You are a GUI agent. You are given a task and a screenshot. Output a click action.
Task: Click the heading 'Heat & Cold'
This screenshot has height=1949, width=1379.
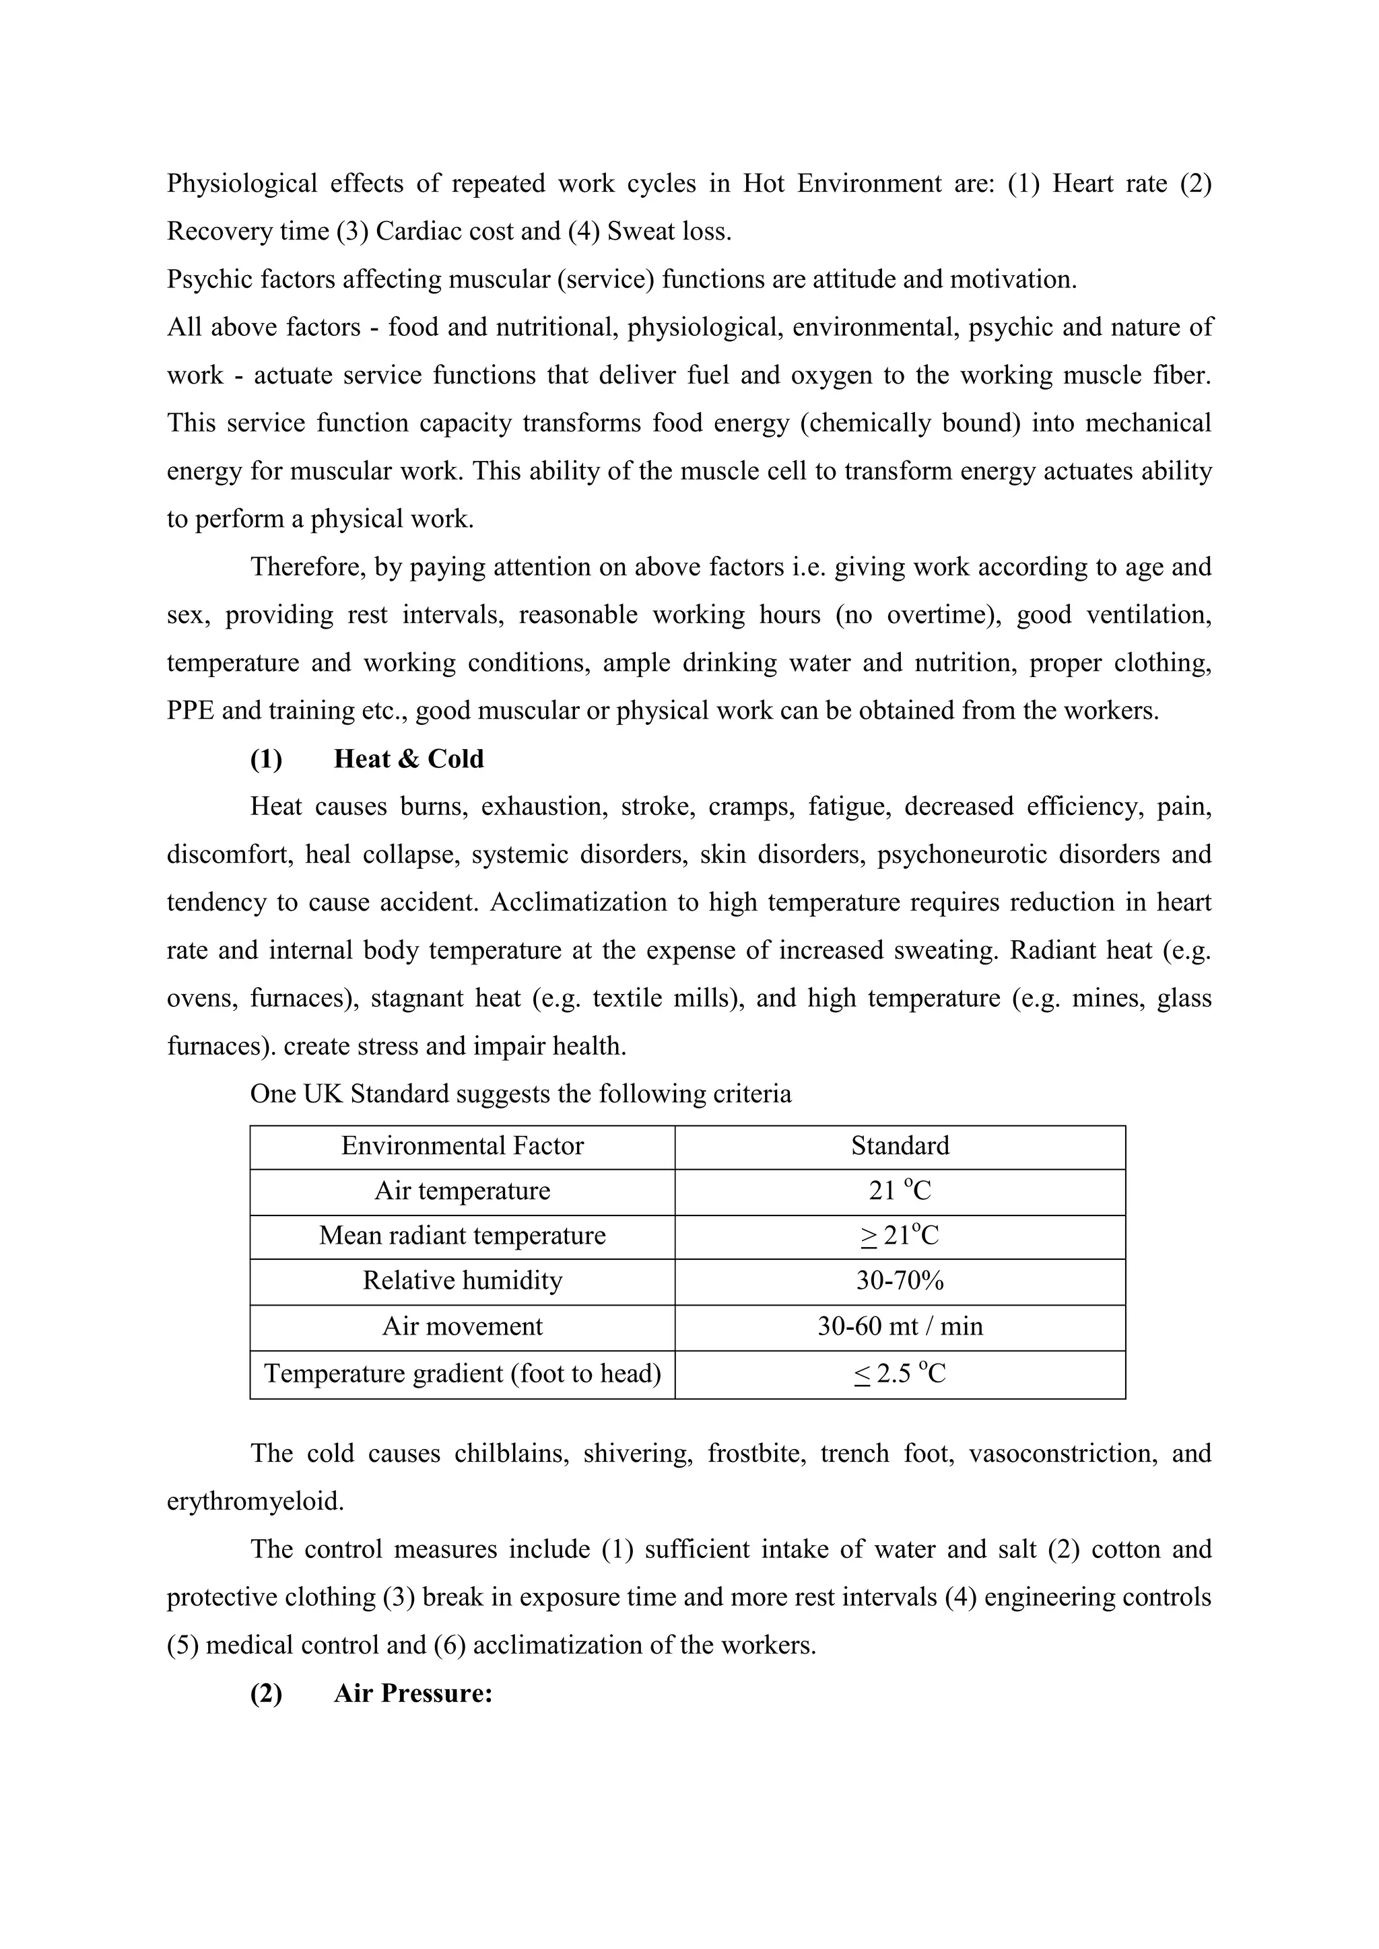(409, 759)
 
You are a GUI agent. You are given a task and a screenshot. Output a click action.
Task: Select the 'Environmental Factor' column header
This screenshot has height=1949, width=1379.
(462, 1146)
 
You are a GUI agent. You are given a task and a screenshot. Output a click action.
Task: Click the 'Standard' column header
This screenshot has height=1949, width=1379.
(900, 1146)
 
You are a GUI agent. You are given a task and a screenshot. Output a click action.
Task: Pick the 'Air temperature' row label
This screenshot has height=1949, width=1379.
(462, 1191)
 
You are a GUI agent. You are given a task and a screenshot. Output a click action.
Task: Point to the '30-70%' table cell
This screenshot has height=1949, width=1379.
(900, 1280)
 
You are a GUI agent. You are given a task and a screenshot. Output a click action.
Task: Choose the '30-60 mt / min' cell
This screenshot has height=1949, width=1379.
(900, 1326)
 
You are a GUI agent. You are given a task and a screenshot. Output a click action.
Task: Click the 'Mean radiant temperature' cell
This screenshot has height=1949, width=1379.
(462, 1235)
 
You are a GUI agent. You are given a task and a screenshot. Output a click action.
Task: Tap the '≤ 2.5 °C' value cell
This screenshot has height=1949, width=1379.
(900, 1374)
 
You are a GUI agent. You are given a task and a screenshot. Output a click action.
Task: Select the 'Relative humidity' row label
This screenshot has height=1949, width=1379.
(462, 1280)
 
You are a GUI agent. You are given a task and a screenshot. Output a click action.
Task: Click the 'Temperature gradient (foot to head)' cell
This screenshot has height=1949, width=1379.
(462, 1374)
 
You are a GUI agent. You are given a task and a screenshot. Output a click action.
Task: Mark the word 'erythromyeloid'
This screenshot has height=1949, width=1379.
(255, 1501)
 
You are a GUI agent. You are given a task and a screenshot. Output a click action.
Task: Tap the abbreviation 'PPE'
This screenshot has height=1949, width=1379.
(191, 711)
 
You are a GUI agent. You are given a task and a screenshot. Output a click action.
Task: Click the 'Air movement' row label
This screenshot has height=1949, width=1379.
(462, 1326)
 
